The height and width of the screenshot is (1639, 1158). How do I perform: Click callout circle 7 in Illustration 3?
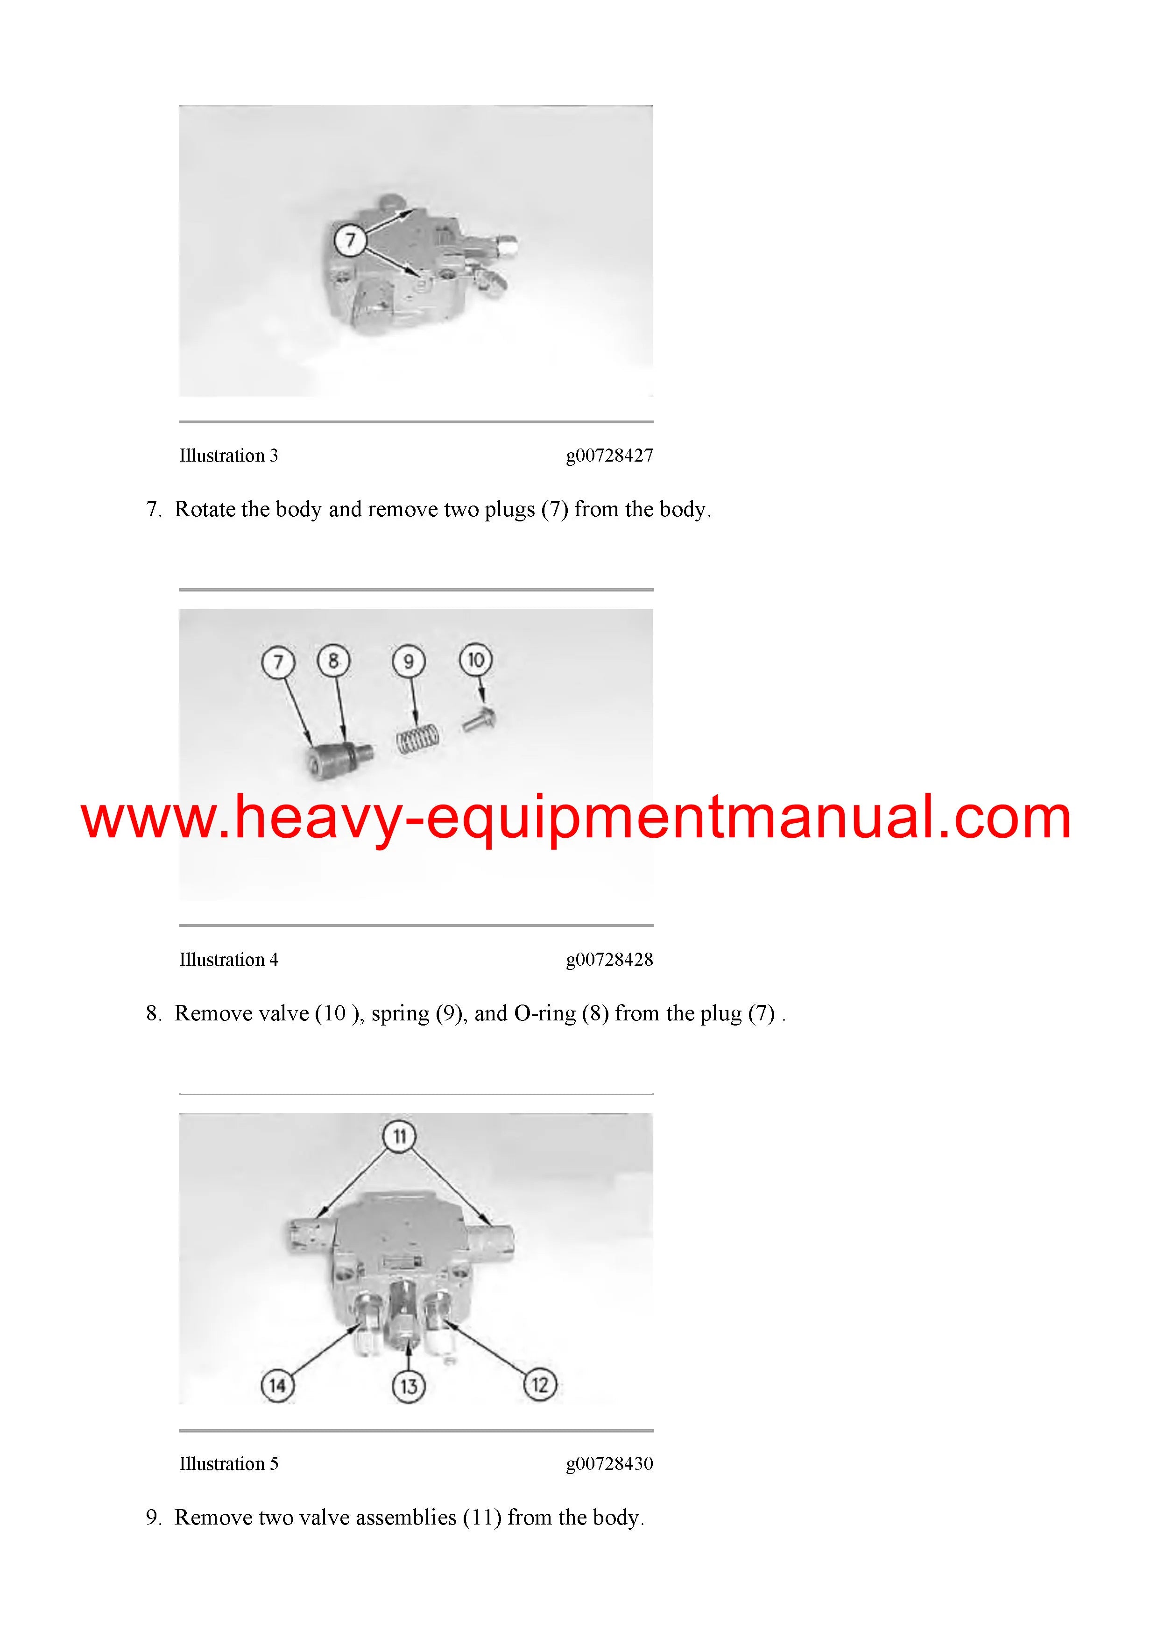tap(350, 240)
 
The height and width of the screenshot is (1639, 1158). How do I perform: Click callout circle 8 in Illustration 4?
tap(333, 661)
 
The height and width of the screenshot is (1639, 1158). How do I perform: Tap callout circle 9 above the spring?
tap(409, 662)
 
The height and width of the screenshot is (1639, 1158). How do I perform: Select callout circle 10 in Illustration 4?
tap(476, 660)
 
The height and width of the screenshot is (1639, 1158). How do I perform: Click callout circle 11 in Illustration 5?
tap(400, 1136)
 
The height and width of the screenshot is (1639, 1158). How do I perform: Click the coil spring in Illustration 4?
tap(418, 739)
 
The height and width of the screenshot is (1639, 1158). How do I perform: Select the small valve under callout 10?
tap(479, 719)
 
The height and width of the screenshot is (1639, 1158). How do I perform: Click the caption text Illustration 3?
tap(228, 456)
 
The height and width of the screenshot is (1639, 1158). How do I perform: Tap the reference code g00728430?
tap(609, 1463)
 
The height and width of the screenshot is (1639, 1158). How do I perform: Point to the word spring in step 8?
tap(400, 1014)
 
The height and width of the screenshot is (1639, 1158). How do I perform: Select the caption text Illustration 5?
tap(228, 1463)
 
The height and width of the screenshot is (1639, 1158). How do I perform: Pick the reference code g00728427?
tap(609, 456)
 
